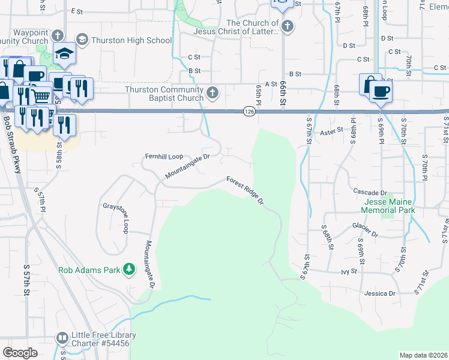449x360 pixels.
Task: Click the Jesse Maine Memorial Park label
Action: pyautogui.click(x=388, y=206)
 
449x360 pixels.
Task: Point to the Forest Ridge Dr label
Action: pyautogui.click(x=246, y=190)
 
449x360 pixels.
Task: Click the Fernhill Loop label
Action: pyautogui.click(x=164, y=156)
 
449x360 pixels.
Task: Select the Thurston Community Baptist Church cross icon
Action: pyautogui.click(x=212, y=93)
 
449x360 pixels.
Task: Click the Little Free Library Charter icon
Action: pyautogui.click(x=62, y=338)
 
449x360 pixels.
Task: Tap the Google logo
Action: pyautogui.click(x=20, y=353)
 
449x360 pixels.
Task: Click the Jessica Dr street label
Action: pyautogui.click(x=379, y=293)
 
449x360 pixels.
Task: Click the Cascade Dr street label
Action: pyautogui.click(x=365, y=191)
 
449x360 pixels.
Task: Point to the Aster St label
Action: pyautogui.click(x=331, y=130)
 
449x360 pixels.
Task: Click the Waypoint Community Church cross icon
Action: pyautogui.click(x=58, y=36)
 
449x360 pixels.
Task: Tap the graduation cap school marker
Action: pyautogui.click(x=64, y=54)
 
